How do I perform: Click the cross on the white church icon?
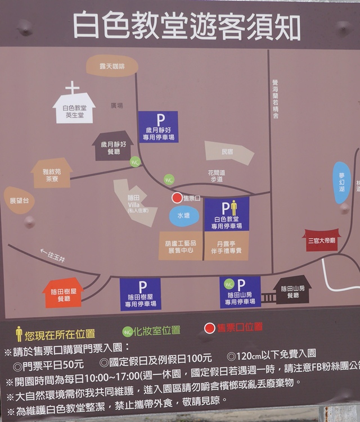(72, 88)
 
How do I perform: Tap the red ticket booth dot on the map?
(177, 198)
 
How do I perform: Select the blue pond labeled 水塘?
(184, 215)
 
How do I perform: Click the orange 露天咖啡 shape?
(112, 66)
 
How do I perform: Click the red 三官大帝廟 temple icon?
(321, 240)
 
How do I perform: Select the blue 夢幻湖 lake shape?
(341, 182)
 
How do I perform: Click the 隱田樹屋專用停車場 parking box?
(141, 294)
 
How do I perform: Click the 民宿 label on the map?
(227, 152)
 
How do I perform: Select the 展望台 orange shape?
(19, 200)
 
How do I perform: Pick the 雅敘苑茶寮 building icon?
(51, 174)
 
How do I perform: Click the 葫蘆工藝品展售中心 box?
(180, 246)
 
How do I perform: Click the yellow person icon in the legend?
(19, 334)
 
